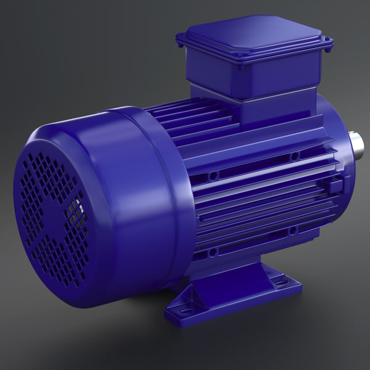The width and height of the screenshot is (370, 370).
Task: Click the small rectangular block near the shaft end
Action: point(335,185)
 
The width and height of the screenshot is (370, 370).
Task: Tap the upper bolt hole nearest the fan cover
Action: point(213,176)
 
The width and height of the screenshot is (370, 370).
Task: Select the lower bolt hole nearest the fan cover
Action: point(213,252)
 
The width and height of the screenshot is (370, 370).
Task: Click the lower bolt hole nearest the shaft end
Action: point(294,230)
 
